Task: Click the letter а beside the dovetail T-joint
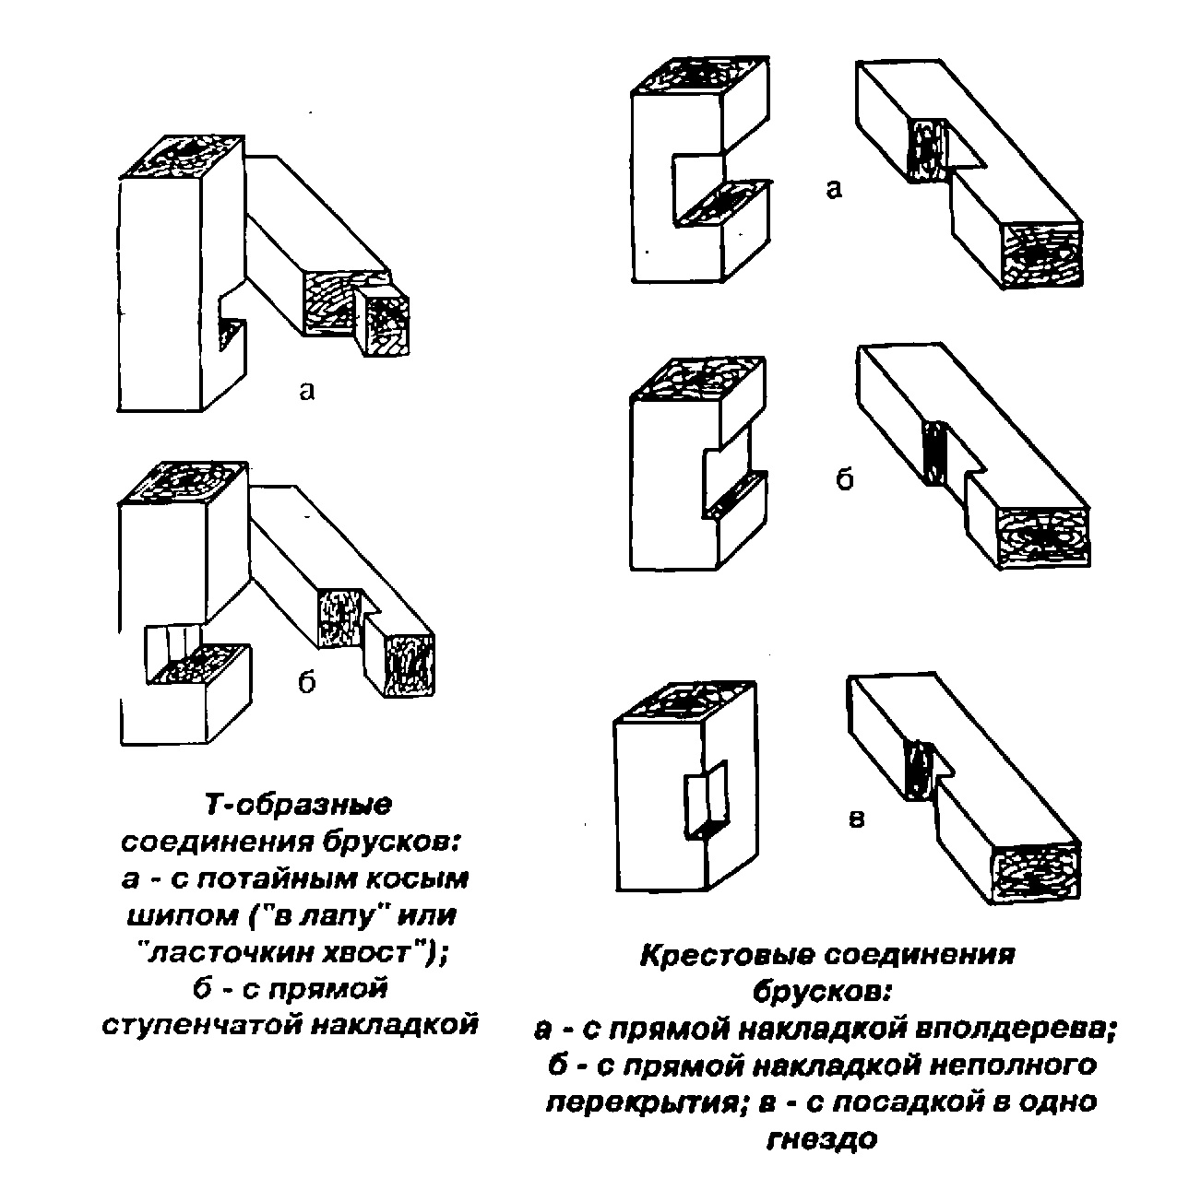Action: [307, 390]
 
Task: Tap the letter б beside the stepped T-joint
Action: [306, 682]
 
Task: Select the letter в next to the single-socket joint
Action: [856, 819]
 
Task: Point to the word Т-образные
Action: [297, 805]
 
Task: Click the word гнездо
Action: [820, 1139]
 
